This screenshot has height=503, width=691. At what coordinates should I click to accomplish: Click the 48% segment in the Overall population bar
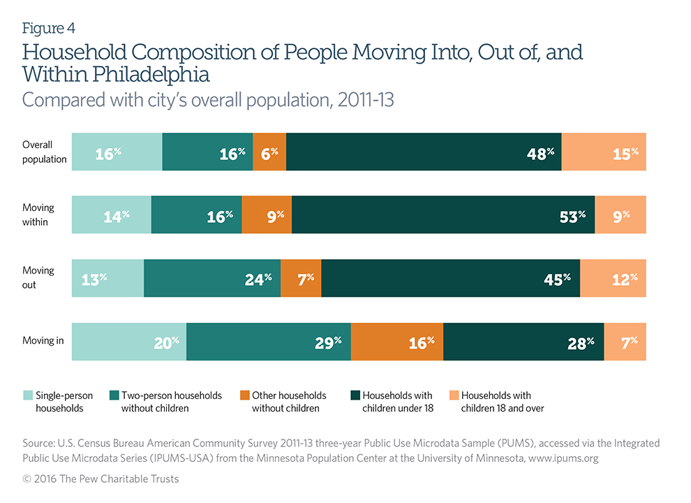pos(424,151)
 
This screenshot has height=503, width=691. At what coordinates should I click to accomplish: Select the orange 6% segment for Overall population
pos(269,151)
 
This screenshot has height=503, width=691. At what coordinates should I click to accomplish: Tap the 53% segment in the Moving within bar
pos(443,214)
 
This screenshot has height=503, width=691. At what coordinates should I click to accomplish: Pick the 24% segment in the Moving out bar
pos(212,278)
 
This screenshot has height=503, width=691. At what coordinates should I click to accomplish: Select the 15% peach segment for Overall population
pos(604,151)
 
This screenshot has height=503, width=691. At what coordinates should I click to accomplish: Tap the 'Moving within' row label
pos(38,214)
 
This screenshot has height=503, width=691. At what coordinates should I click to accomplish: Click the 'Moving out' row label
pos(38,278)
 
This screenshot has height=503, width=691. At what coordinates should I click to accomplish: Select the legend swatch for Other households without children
pos(244,396)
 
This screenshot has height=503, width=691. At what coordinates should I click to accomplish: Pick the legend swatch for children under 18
pos(354,396)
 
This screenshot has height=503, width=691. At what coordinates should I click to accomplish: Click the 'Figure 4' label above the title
pos(49,29)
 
